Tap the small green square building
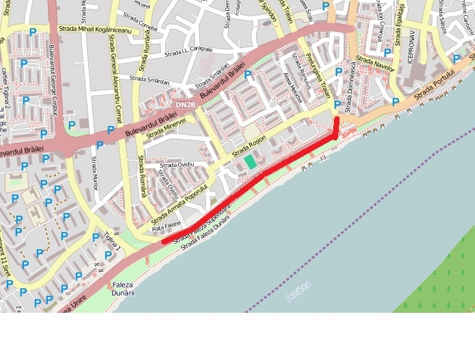pos(251,162)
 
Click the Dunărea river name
pos(298,290)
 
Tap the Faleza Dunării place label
pos(123,288)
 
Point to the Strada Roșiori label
pos(248,144)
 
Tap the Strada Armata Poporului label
pos(179,203)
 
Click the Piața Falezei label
pos(166,224)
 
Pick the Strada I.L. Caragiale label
pos(189,51)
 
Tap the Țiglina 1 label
pos(112,241)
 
